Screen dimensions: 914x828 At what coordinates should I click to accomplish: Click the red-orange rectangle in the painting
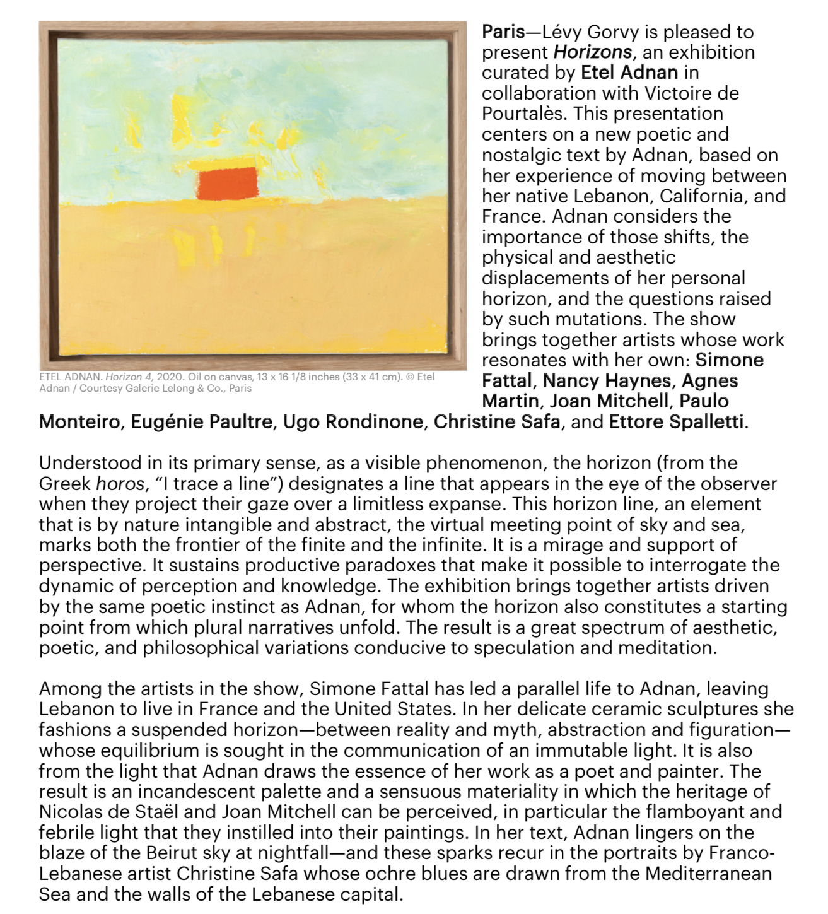[228, 184]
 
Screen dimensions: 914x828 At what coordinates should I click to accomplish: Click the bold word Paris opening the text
[503, 32]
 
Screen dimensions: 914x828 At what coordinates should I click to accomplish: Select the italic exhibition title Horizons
[592, 52]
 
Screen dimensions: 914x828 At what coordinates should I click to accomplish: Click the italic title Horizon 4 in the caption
[128, 377]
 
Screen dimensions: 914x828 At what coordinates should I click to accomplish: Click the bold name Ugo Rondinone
[353, 421]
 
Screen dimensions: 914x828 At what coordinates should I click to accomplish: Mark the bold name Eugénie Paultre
[202, 421]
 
